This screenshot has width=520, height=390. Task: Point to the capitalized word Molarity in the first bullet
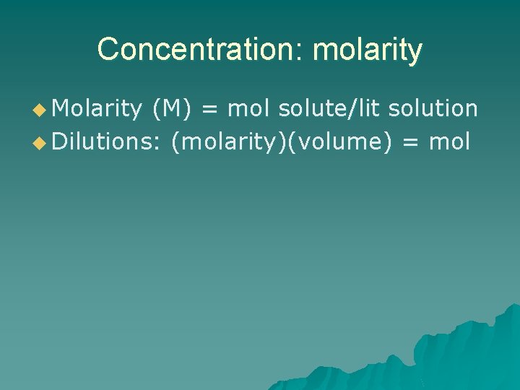pos(97,108)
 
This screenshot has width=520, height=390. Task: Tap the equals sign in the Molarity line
pos(209,109)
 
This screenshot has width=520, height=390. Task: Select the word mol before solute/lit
pos(248,108)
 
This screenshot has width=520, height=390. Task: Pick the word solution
pos(433,108)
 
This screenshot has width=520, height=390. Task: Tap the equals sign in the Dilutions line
pos(410,142)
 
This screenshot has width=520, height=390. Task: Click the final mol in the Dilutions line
pos(449,142)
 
